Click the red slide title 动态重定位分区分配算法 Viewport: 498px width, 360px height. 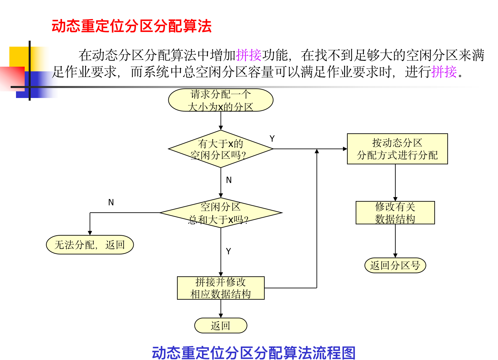coord(131,26)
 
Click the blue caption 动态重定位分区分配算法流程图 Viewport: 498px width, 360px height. coord(254,353)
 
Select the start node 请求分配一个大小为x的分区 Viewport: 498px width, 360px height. coord(221,100)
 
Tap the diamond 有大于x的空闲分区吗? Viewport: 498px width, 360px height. coord(221,149)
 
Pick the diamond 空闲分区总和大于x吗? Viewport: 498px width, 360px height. coord(221,213)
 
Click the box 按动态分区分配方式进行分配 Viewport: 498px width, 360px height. coord(397,149)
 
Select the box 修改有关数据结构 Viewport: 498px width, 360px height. coord(395,213)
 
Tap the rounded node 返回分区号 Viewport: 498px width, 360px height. coord(395,265)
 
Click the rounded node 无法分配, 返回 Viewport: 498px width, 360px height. coord(90,245)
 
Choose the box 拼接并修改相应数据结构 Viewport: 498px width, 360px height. coord(221,288)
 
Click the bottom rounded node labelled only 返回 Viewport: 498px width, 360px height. coord(221,326)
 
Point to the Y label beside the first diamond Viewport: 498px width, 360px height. coord(272,139)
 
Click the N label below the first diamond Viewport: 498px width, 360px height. coord(229,180)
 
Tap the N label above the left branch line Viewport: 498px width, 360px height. coord(111,202)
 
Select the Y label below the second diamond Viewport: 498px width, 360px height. coord(228,251)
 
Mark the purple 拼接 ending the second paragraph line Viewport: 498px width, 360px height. coord(444,72)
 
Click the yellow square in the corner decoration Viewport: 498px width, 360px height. coord(18,57)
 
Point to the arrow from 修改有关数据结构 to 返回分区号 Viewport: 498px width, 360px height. coord(395,241)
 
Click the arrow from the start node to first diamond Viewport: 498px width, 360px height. coord(221,121)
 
